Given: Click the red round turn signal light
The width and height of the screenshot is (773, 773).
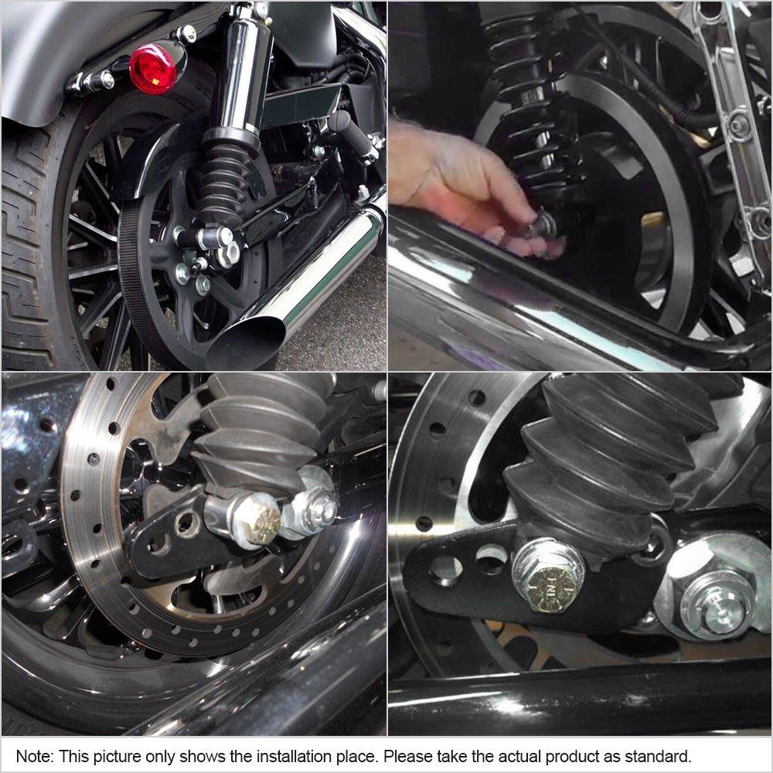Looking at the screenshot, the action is [x=153, y=69].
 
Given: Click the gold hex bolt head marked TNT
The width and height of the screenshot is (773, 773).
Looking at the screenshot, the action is [x=548, y=588].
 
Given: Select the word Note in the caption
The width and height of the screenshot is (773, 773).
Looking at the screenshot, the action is [x=33, y=756].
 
